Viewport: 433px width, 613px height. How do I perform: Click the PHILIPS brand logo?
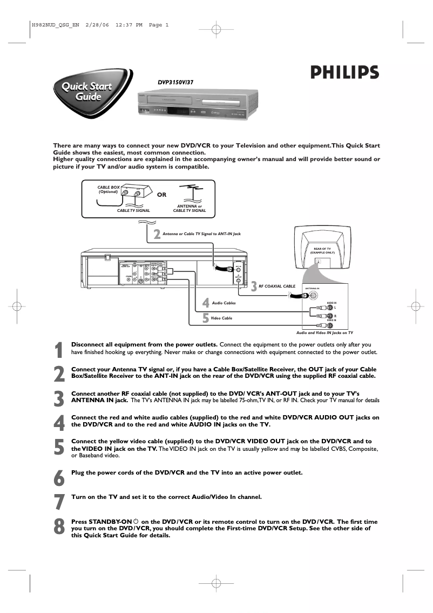[x=344, y=72]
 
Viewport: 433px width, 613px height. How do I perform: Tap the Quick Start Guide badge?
[x=90, y=92]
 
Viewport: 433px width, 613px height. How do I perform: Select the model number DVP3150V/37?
[x=175, y=82]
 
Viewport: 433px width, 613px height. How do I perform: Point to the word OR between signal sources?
[x=161, y=195]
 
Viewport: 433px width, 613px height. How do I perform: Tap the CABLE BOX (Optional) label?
[x=108, y=189]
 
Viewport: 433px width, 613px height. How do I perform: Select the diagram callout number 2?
[x=157, y=235]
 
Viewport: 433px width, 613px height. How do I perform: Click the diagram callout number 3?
[x=253, y=286]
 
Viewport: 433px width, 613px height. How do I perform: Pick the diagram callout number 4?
[x=206, y=303]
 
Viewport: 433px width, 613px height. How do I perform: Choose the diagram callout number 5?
[x=206, y=318]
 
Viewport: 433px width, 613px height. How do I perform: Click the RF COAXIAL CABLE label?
[x=277, y=285]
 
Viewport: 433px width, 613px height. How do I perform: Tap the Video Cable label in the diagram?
[x=222, y=318]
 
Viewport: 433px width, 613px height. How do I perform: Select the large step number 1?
[x=59, y=350]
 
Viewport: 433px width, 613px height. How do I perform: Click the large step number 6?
[x=59, y=477]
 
